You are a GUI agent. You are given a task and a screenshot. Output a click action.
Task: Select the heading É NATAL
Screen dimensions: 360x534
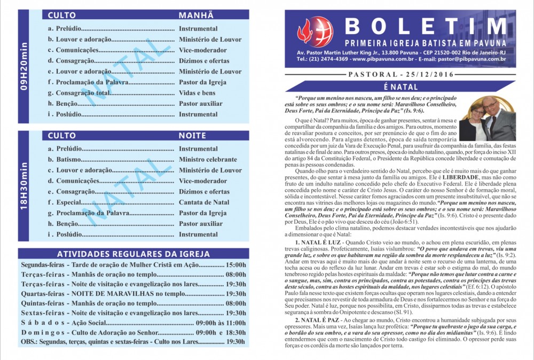pos(400,87)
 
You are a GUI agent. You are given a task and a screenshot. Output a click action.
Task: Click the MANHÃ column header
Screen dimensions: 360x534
pos(196,15)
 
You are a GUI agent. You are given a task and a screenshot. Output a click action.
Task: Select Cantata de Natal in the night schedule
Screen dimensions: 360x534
pos(204,202)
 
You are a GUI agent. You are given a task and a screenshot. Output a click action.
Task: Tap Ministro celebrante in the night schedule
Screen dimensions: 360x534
pos(208,160)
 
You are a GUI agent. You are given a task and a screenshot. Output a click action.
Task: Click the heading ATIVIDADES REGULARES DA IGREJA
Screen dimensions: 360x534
pos(133,254)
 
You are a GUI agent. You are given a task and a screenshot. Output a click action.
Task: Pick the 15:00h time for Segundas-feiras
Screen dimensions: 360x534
pos(235,265)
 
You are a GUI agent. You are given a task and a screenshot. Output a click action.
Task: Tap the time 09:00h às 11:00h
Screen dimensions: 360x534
pos(221,323)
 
